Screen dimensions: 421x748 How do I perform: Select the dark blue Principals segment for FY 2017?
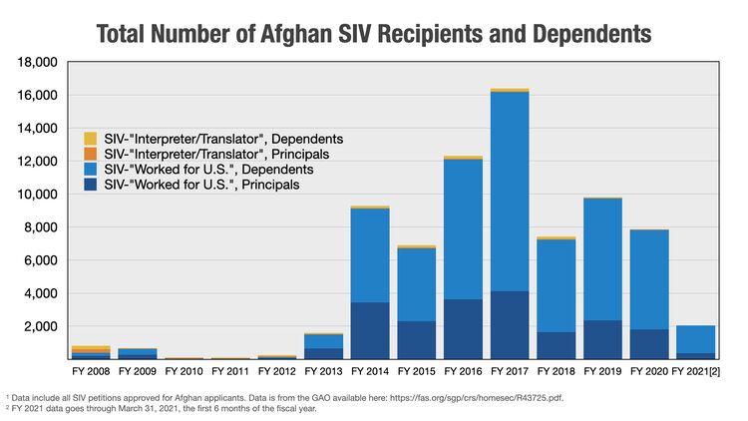coord(510,324)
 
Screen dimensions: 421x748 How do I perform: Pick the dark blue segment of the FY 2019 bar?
coord(602,339)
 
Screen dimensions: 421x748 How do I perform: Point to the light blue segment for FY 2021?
coord(695,339)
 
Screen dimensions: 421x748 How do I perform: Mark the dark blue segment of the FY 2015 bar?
coord(417,339)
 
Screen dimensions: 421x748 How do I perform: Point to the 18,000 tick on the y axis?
coord(38,62)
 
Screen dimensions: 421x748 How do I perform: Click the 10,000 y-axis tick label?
coord(38,194)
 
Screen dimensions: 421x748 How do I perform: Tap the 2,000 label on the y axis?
coord(42,326)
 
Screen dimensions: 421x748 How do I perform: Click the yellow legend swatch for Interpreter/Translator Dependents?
coord(91,138)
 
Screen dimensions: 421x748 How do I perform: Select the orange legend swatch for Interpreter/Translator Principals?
coord(91,154)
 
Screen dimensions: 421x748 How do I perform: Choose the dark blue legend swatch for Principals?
coord(91,185)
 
